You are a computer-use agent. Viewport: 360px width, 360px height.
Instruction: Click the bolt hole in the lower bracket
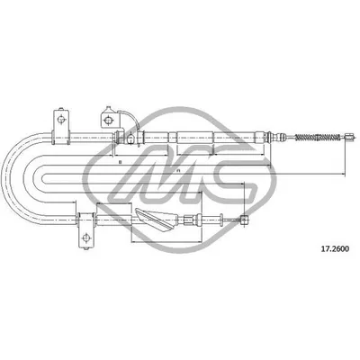86,238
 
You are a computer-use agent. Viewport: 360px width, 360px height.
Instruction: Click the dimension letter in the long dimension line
178,172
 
